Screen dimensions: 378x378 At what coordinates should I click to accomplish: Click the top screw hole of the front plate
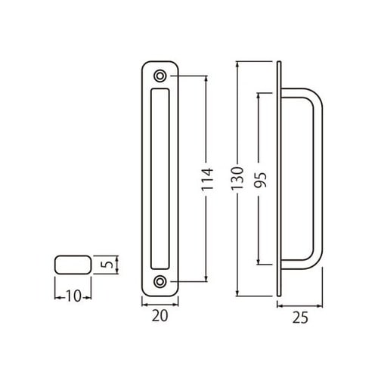pos(160,76)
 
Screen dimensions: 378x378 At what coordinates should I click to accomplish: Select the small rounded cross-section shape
pos(73,265)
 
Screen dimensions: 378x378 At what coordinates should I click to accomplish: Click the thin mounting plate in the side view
pos(280,179)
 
